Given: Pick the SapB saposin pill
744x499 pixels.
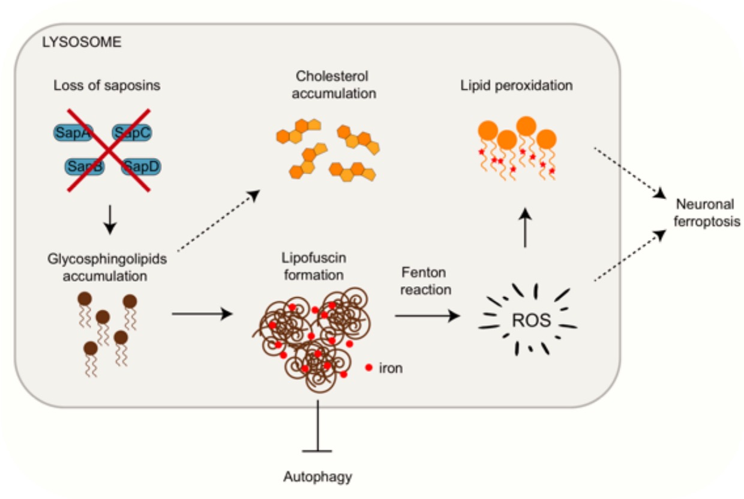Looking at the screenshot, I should (x=84, y=166).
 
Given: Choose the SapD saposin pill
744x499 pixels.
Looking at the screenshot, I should (x=141, y=166).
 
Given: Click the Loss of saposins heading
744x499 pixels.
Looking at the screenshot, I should (x=107, y=85).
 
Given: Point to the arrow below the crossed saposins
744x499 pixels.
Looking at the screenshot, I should (x=109, y=220).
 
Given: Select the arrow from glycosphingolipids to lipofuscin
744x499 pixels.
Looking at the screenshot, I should (x=202, y=313).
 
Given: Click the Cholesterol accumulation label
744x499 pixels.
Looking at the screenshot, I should (x=331, y=85).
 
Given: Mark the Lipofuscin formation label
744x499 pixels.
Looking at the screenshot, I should (x=313, y=266).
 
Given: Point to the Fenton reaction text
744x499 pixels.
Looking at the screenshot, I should (x=425, y=281).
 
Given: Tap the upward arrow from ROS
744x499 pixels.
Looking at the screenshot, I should (x=526, y=228).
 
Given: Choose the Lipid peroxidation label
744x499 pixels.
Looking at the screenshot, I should (x=516, y=85).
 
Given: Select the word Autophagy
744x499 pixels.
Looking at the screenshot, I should (x=317, y=477).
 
